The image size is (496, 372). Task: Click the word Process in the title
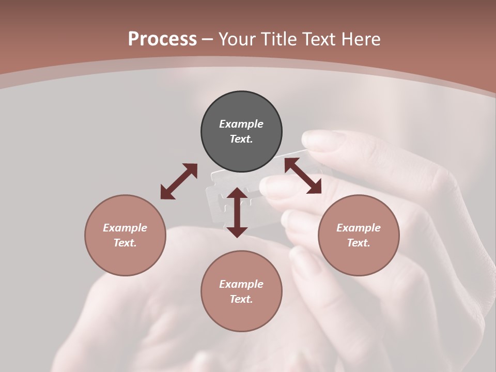(162, 39)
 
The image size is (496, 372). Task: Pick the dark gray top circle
(241, 131)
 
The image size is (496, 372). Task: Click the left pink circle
(125, 235)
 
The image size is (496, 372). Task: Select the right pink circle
(359, 235)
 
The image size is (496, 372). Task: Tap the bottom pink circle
(241, 291)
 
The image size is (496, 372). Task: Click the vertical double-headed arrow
(237, 212)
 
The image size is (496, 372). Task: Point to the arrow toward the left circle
(179, 181)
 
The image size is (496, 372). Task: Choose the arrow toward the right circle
(303, 176)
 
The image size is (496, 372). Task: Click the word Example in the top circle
(241, 124)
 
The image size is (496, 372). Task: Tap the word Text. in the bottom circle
(241, 299)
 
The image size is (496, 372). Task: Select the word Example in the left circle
(125, 228)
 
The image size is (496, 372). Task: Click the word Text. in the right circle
(359, 243)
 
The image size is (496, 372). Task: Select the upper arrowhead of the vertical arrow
(237, 194)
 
